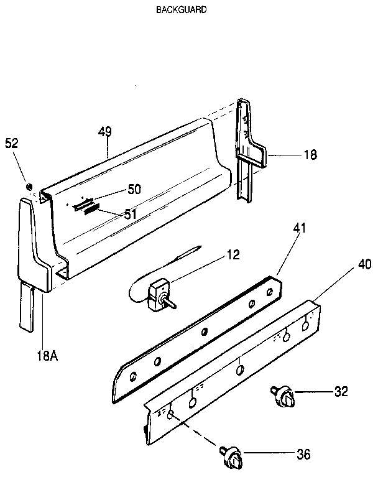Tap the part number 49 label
point(105,131)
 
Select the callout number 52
point(12,142)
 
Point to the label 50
point(134,189)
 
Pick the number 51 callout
point(130,214)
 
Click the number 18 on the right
point(309,154)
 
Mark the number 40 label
point(364,265)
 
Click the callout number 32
point(341,391)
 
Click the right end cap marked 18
point(249,149)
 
